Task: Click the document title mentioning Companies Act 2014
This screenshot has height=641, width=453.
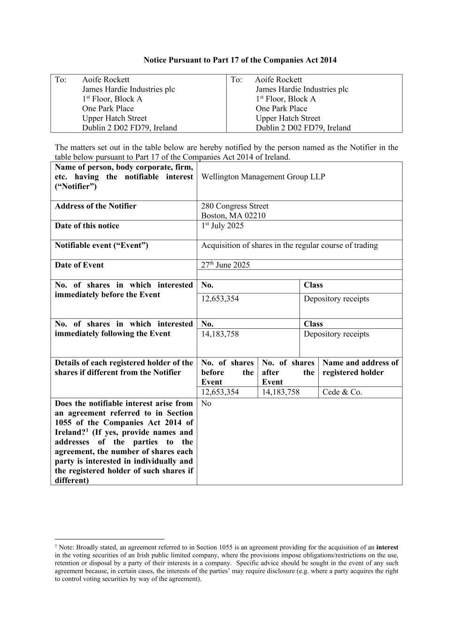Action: click(240, 60)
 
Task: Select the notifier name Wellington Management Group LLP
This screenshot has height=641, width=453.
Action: click(263, 177)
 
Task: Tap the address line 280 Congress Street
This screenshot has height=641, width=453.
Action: click(235, 206)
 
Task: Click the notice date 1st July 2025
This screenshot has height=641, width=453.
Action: click(223, 226)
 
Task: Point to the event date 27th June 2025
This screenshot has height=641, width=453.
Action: click(225, 265)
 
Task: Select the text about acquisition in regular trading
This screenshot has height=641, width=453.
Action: click(289, 245)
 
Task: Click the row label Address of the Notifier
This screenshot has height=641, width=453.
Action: click(96, 206)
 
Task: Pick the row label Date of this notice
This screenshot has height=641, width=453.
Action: click(87, 226)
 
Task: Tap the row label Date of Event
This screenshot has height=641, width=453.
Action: click(79, 265)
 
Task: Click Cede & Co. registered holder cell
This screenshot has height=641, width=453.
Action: click(342, 392)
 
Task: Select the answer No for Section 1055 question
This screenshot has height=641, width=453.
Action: click(206, 403)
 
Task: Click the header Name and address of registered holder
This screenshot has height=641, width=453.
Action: click(360, 368)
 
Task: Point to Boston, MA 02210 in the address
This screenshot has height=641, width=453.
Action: click(233, 216)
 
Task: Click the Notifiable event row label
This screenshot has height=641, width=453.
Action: click(101, 245)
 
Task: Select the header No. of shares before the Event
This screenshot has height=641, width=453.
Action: click(227, 372)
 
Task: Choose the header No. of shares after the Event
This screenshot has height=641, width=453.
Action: click(288, 372)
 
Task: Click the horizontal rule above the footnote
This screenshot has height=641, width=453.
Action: click(109, 540)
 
